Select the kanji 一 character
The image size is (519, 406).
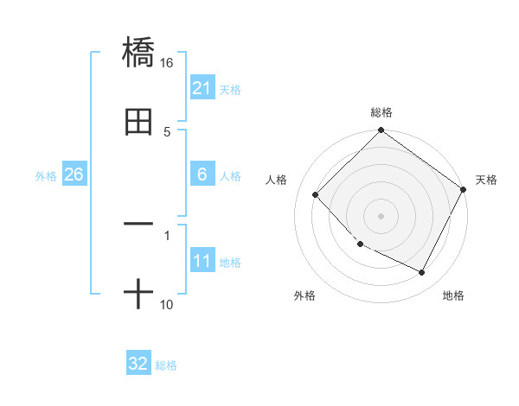point(138,224)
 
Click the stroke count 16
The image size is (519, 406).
point(167,63)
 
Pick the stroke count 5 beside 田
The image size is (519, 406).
point(167,132)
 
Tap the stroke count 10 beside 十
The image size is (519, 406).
point(167,305)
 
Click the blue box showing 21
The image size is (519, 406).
point(202,88)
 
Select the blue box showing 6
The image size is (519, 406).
point(202,174)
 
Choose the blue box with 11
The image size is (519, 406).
point(202,261)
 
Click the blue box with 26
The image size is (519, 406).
point(74,174)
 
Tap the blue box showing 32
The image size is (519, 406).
point(138,364)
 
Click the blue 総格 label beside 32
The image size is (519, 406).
point(166,365)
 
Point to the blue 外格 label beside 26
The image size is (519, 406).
point(46,176)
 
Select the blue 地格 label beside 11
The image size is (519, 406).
point(230,263)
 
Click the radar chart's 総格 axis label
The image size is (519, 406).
point(381,112)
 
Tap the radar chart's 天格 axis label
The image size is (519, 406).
point(486,180)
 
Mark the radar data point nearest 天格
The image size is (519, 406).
point(463,189)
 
